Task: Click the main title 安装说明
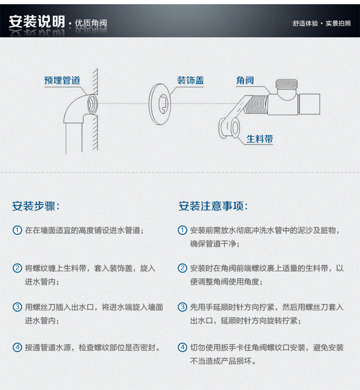(37, 21)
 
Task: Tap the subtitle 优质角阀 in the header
(91, 23)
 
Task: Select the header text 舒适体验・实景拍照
(322, 23)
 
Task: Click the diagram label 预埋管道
(62, 80)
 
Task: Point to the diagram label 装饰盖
(190, 80)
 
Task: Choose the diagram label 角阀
(245, 80)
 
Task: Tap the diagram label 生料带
(260, 139)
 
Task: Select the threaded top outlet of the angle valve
(287, 84)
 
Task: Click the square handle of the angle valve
(309, 104)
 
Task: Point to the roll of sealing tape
(229, 128)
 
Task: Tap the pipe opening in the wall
(92, 104)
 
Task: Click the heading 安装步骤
(36, 206)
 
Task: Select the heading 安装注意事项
(213, 206)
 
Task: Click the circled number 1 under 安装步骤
(17, 230)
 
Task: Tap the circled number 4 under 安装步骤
(17, 347)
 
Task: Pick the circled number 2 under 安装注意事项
(182, 268)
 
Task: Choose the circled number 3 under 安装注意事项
(182, 307)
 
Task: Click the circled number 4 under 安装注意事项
(182, 347)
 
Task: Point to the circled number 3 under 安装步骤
(17, 307)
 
